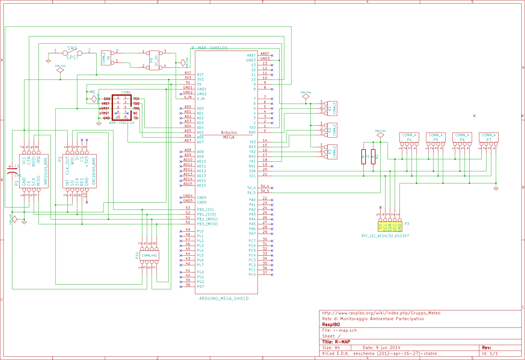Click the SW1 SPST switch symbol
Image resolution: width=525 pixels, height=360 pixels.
[72, 53]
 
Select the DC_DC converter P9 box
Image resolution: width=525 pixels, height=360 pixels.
[154, 60]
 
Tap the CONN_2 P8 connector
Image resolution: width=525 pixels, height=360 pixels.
[106, 58]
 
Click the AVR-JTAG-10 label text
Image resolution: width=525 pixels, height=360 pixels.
[122, 123]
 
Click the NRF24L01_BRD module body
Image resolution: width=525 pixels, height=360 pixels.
[34, 171]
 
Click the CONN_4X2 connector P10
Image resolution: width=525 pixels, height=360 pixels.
[149, 255]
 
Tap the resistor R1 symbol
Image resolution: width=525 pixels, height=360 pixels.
[363, 157]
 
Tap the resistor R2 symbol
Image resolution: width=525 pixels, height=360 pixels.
[373, 157]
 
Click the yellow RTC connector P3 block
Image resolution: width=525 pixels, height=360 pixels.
[390, 227]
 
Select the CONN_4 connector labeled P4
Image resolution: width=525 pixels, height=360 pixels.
[409, 137]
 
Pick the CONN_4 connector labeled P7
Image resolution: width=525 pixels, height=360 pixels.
[488, 137]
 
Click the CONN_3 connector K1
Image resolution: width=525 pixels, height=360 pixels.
[332, 109]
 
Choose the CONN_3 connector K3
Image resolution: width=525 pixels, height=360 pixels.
[332, 152]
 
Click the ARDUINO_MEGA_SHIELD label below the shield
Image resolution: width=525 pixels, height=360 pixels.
[224, 299]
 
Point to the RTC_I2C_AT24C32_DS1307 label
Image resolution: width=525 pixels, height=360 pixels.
[385, 236]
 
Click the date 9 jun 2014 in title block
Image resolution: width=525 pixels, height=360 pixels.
[382, 348]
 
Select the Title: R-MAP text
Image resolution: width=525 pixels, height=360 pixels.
[336, 342]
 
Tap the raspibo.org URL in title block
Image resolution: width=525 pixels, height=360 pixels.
[381, 313]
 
